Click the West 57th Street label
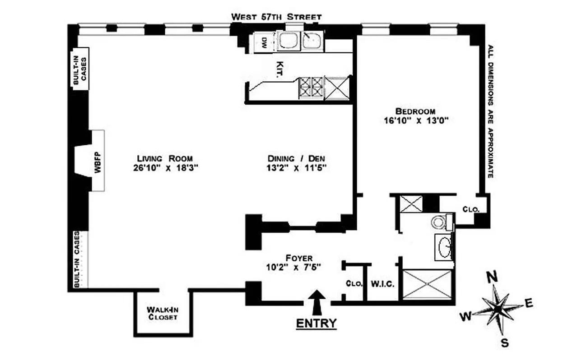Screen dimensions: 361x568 coord(276,17)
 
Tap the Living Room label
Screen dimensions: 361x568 coord(165,158)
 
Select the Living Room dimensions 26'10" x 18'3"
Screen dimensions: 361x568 coord(165,168)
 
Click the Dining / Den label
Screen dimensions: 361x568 coord(297,158)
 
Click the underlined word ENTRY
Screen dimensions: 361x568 coord(316,323)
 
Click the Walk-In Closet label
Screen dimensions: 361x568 coord(162,314)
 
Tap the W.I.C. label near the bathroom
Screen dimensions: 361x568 coord(383,285)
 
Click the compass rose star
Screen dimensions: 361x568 coord(496,309)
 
